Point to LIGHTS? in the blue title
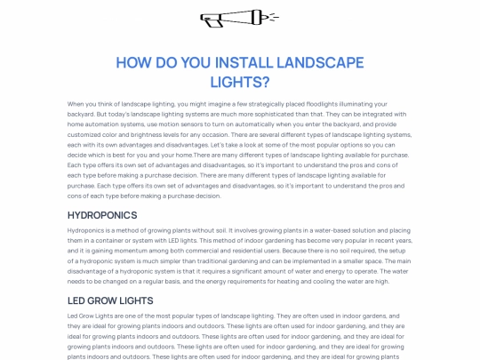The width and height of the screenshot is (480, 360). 239,83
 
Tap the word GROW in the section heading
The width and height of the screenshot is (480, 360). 111,301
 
